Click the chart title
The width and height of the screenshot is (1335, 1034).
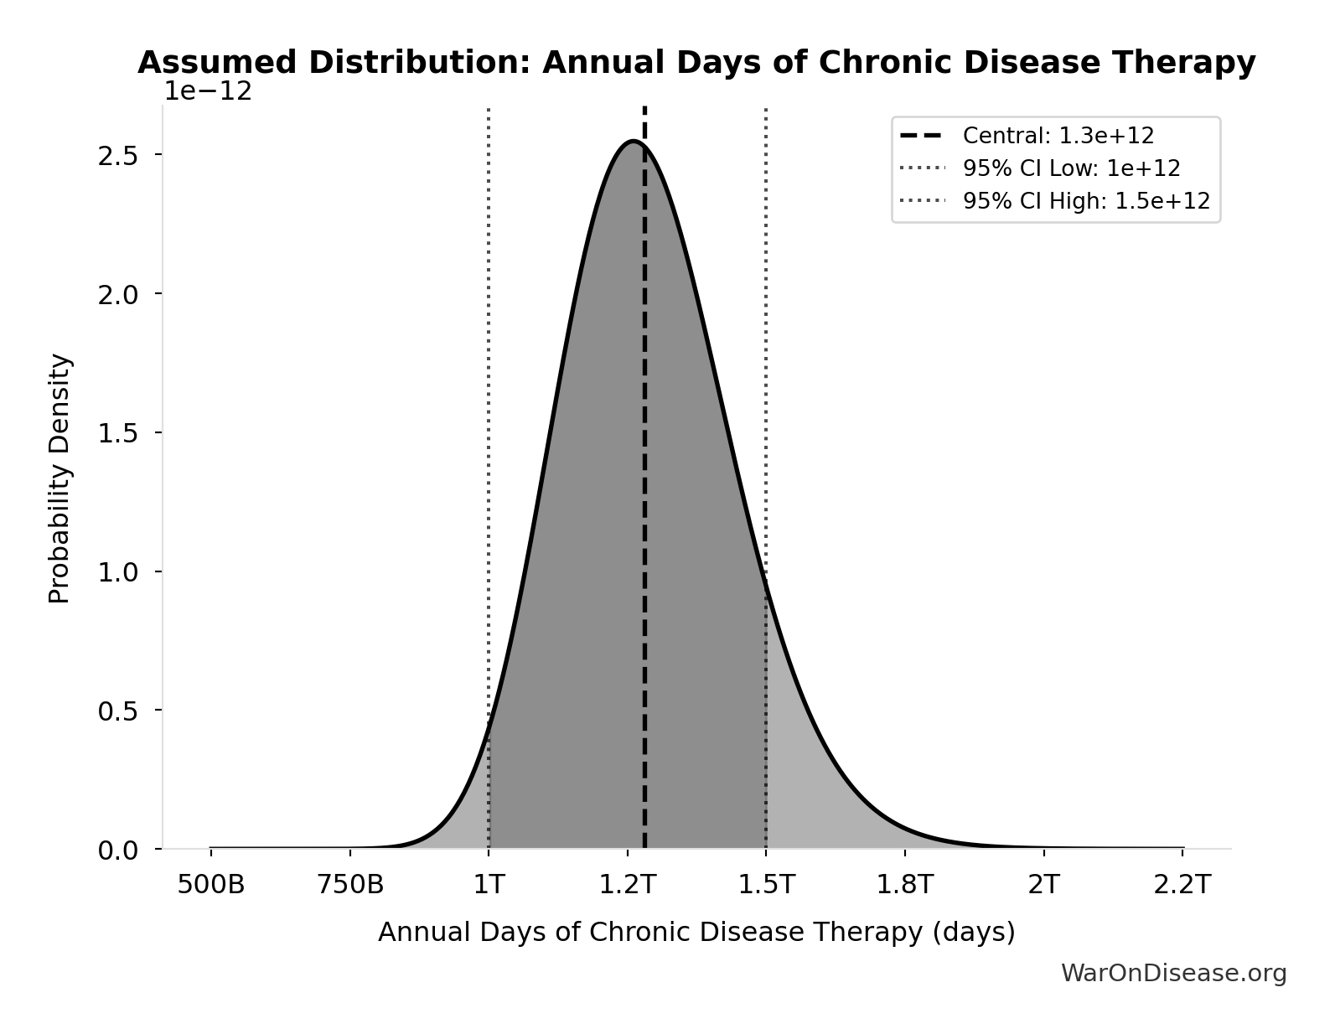click(696, 63)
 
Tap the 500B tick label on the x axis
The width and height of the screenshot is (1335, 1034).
click(211, 885)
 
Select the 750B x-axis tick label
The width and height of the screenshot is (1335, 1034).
click(350, 885)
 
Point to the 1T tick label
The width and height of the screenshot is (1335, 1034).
click(489, 885)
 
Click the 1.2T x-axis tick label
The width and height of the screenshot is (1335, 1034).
click(627, 885)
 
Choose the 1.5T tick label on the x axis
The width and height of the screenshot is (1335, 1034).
click(766, 885)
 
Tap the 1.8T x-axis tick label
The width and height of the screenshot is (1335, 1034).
click(905, 885)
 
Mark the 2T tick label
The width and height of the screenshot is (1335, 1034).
click(1043, 885)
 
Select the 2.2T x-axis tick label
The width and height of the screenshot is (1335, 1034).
click(1182, 885)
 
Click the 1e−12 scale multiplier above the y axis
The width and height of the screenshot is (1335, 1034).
click(207, 90)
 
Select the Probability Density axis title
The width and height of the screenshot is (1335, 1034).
click(60, 478)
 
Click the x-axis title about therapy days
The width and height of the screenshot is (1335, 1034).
click(696, 932)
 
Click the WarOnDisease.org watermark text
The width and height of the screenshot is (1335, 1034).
click(1173, 973)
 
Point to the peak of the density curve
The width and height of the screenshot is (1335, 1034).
click(634, 142)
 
